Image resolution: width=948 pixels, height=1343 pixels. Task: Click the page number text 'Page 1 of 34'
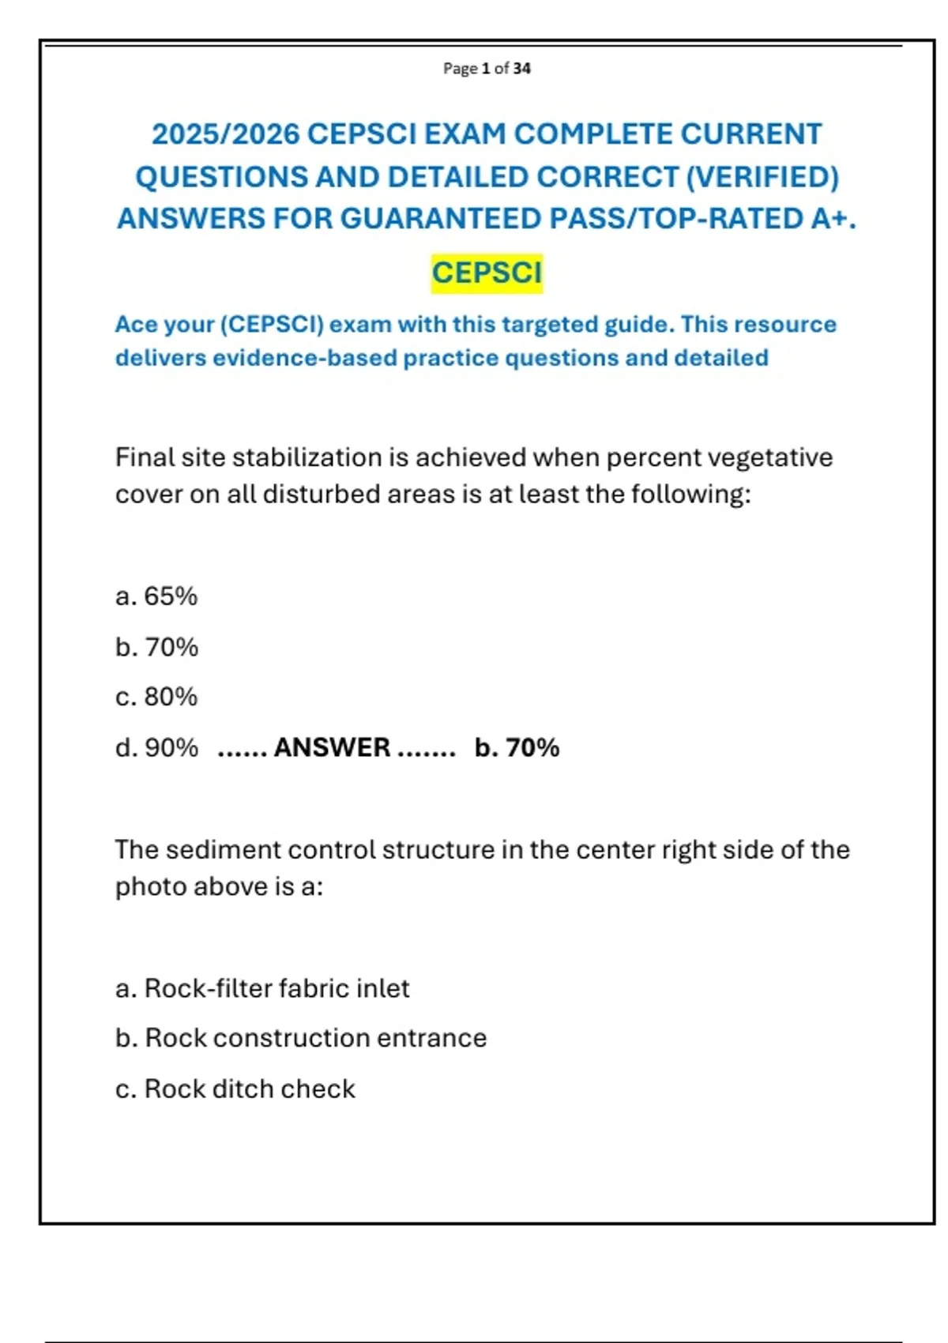[x=487, y=69]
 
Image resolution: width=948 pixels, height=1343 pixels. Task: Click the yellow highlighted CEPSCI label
[x=487, y=273]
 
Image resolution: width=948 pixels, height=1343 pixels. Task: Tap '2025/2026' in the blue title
[x=225, y=134]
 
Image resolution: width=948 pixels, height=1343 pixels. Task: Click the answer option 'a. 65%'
[x=156, y=596]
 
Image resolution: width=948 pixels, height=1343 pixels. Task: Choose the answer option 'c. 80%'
[x=156, y=697]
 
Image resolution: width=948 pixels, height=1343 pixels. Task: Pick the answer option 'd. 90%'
[x=156, y=747]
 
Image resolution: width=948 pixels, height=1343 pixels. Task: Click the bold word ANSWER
[x=332, y=747]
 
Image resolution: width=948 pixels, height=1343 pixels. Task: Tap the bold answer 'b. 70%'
[x=517, y=747]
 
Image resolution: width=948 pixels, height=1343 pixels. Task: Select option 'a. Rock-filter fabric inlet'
[x=262, y=988]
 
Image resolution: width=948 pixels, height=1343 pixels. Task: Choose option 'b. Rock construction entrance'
[x=301, y=1038]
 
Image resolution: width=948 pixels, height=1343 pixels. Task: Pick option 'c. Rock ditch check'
[x=235, y=1089]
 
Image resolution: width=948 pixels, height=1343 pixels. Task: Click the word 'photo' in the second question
[x=152, y=887]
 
